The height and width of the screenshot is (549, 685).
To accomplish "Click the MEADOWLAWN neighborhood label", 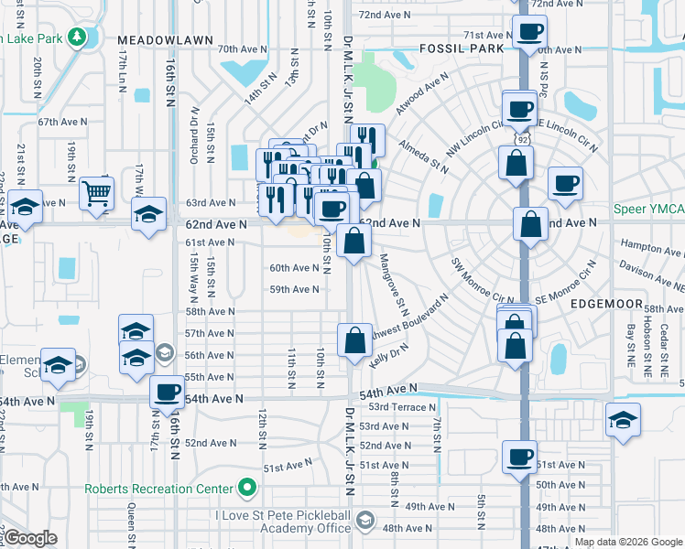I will [x=165, y=41].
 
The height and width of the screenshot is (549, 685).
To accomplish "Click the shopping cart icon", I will [x=95, y=192].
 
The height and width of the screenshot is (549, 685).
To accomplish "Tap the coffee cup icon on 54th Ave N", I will [x=167, y=392].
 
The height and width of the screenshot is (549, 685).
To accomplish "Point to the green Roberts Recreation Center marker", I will [x=245, y=489].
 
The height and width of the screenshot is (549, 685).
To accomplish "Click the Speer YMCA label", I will [x=647, y=210].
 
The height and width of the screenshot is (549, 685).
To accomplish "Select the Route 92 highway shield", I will [x=522, y=140].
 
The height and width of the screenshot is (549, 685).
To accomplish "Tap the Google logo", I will [x=31, y=538].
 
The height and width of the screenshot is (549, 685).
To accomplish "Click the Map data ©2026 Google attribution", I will [x=628, y=542].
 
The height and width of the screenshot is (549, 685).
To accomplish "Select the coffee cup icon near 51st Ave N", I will [x=519, y=457].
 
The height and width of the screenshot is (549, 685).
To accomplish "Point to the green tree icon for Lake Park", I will [x=79, y=38].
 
